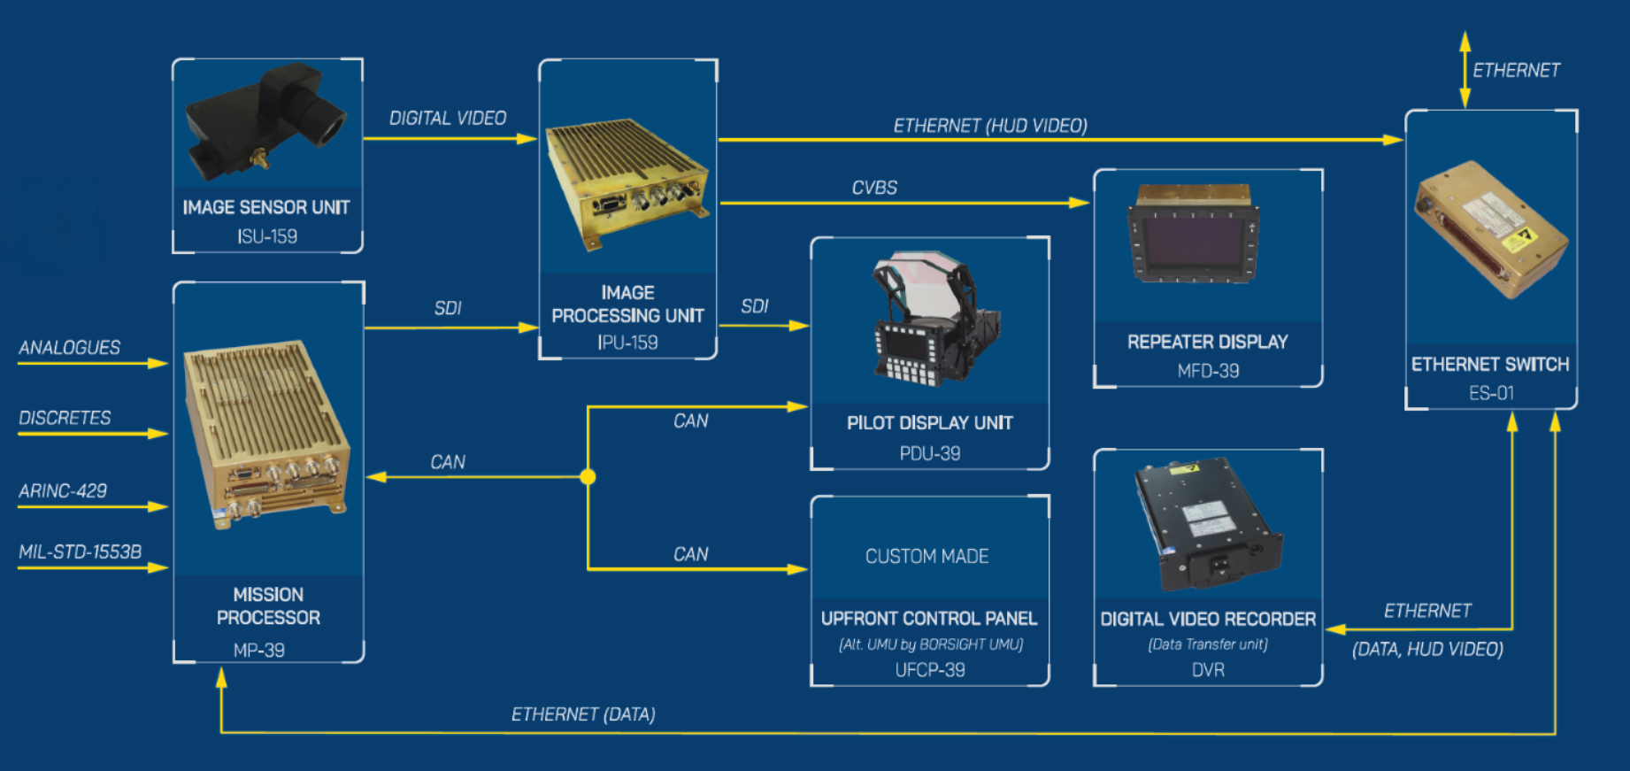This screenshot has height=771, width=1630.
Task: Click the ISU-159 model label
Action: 266,236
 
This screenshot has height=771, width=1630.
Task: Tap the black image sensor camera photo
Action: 266,120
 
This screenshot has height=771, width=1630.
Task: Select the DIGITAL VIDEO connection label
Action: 448,118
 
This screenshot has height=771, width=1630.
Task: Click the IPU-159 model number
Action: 627,343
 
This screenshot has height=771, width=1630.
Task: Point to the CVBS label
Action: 874,188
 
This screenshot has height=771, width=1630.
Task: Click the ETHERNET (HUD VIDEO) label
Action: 990,126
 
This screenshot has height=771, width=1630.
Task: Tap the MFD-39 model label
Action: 1208,371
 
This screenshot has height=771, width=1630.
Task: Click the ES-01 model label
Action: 1491,393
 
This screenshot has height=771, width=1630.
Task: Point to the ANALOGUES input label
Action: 70,348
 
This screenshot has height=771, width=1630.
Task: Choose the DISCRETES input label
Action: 65,418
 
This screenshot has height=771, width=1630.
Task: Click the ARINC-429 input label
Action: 63,491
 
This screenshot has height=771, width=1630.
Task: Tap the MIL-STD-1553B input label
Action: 81,552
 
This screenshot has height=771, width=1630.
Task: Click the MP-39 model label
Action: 259,650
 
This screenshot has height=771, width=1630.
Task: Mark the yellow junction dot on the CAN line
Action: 588,477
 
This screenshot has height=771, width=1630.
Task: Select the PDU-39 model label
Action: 930,453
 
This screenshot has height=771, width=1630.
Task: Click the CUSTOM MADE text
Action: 927,556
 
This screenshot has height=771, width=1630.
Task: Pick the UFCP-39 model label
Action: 930,670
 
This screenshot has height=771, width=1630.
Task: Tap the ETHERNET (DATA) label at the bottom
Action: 583,714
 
